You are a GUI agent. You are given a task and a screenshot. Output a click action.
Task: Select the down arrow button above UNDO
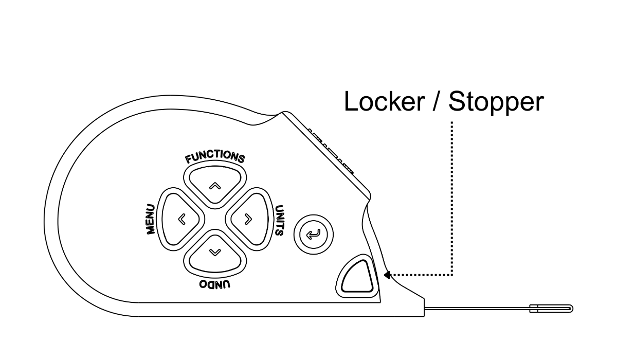click(x=215, y=254)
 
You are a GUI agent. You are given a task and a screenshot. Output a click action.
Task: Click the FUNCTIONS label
click(x=215, y=157)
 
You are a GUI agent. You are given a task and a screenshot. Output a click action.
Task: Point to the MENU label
click(x=151, y=219)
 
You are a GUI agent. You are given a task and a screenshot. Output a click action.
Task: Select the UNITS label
click(x=279, y=220)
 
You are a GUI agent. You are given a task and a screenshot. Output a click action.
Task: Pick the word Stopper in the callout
click(x=496, y=102)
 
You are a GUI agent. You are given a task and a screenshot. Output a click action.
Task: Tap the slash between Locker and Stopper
click(x=437, y=102)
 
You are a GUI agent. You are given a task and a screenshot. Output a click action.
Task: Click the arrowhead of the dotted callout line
click(x=387, y=275)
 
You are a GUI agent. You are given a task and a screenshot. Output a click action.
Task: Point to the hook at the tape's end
click(x=553, y=309)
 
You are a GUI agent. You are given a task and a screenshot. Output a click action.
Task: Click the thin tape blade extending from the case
click(x=478, y=309)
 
